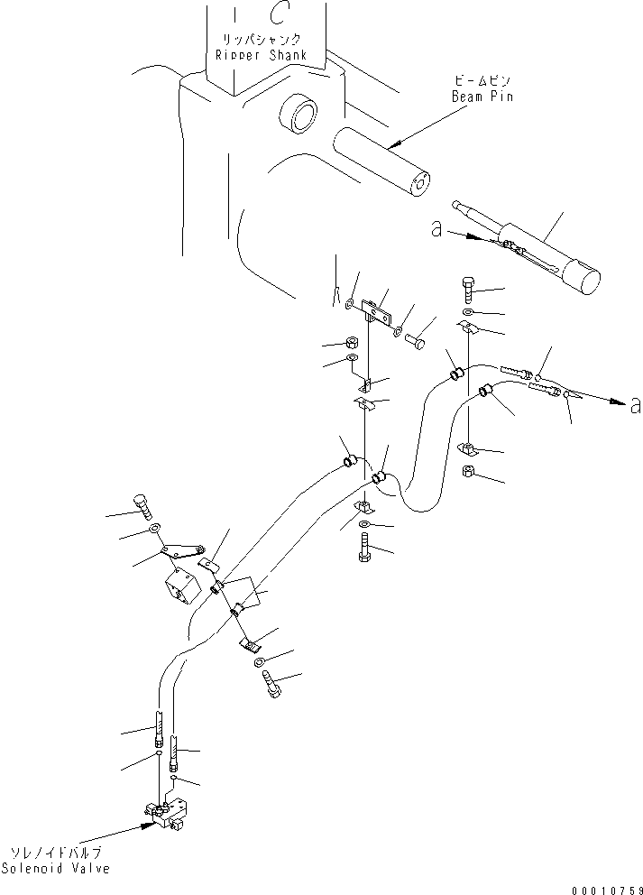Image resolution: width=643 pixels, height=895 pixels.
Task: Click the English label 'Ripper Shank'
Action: click(x=262, y=55)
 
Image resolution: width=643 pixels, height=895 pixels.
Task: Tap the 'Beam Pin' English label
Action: click(x=484, y=97)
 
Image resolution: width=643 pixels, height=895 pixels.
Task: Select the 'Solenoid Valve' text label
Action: click(x=55, y=868)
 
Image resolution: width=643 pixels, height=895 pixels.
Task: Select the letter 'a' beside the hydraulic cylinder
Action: click(x=436, y=230)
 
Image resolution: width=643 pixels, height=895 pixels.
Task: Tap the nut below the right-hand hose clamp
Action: click(x=470, y=472)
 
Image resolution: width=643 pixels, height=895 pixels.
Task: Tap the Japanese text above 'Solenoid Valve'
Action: click(x=55, y=853)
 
